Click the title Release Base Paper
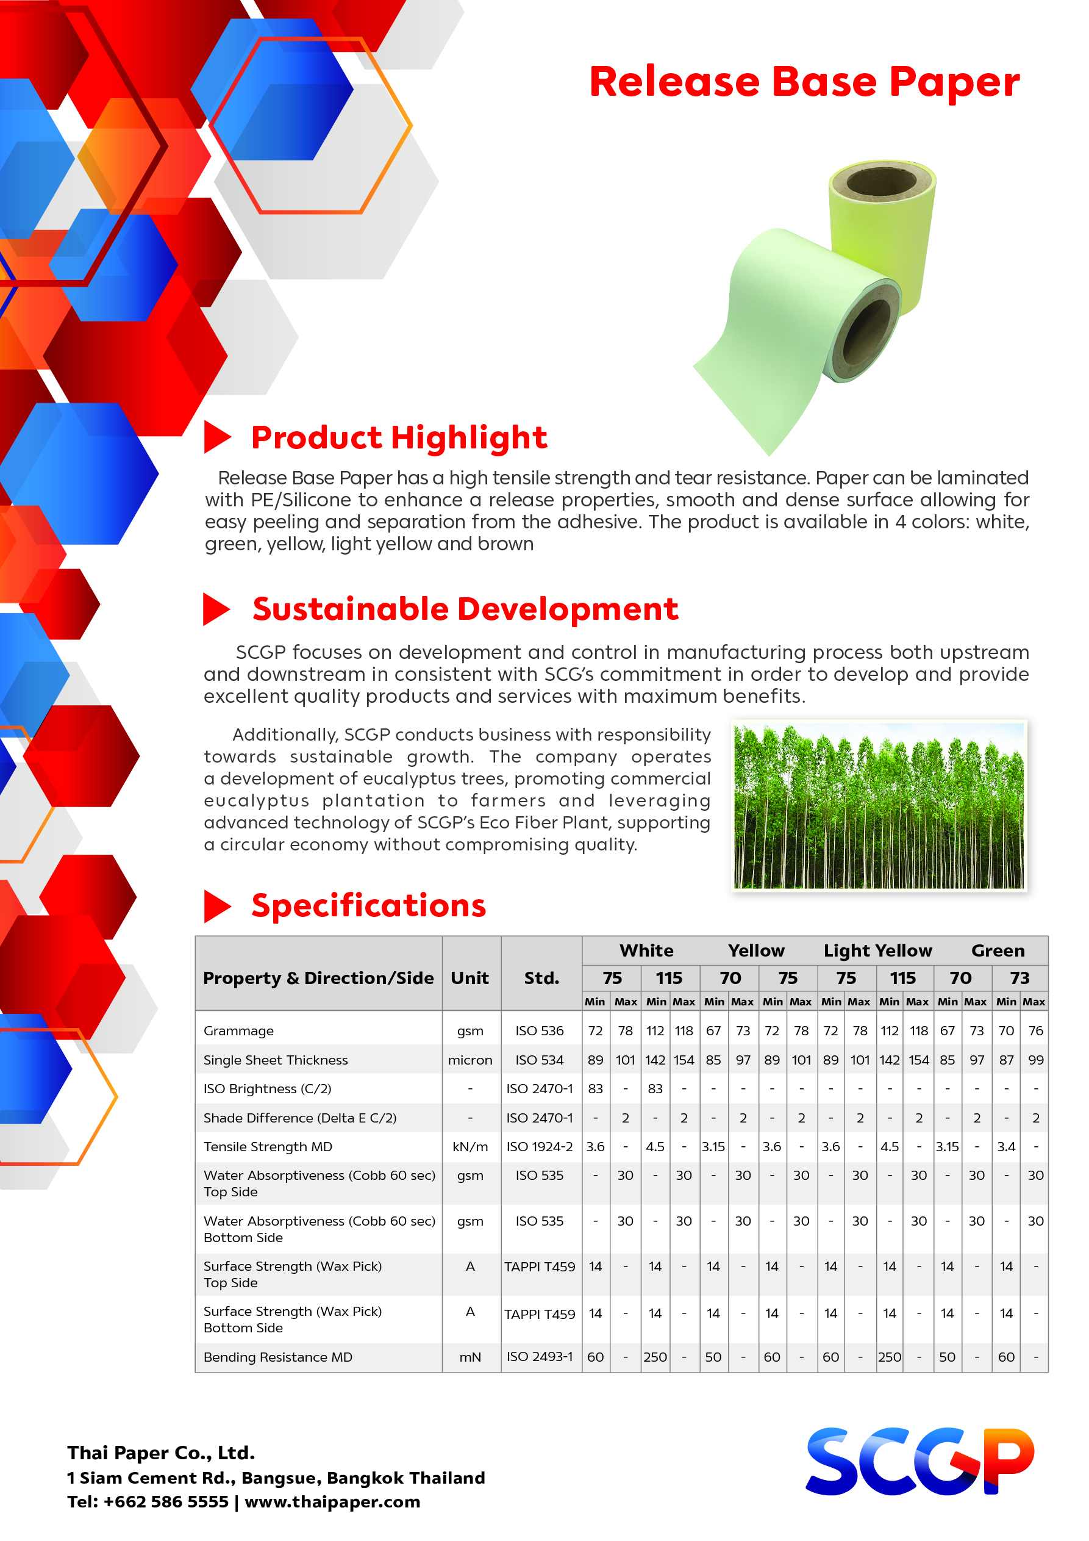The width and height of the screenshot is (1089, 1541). pyautogui.click(x=804, y=82)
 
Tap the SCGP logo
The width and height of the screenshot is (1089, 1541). pyautogui.click(x=919, y=1461)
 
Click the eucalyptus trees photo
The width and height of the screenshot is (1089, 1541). pyautogui.click(x=879, y=805)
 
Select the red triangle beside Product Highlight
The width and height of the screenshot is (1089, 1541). pyautogui.click(x=216, y=437)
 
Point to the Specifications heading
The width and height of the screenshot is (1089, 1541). pyautogui.click(x=368, y=905)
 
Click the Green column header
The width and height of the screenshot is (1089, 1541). pyautogui.click(x=998, y=950)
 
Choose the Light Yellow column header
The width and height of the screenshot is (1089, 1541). pyautogui.click(x=877, y=950)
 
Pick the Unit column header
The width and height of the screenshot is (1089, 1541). pyautogui.click(x=470, y=978)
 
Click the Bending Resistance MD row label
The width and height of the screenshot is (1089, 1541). pyautogui.click(x=278, y=1357)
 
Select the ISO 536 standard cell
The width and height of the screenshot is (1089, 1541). pyautogui.click(x=540, y=1031)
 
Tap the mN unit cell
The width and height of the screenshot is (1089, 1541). pyautogui.click(x=470, y=1357)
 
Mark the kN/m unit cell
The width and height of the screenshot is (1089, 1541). pyautogui.click(x=470, y=1147)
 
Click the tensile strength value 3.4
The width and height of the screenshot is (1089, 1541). pyautogui.click(x=1006, y=1147)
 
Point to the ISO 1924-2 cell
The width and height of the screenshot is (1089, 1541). pyautogui.click(x=540, y=1147)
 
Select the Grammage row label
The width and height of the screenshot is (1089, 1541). pyautogui.click(x=238, y=1031)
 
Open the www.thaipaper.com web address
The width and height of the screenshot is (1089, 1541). pyautogui.click(x=332, y=1502)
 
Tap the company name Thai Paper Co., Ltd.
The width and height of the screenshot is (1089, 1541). pyautogui.click(x=161, y=1453)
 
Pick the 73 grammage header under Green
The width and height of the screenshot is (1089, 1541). pyautogui.click(x=1019, y=978)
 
